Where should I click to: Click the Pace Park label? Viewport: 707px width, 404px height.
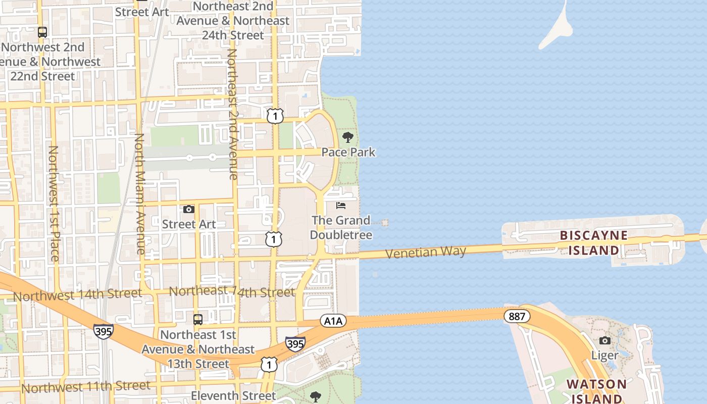click(348, 152)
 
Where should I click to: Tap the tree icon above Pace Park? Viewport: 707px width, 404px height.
click(347, 137)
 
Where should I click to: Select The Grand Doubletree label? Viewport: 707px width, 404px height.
click(341, 228)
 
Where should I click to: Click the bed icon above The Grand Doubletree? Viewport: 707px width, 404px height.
click(341, 206)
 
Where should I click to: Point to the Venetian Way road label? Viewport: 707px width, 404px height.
click(426, 251)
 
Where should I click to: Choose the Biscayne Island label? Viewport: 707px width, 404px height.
click(593, 243)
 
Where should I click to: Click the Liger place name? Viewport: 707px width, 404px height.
click(604, 356)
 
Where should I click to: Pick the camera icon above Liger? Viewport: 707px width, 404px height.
click(604, 341)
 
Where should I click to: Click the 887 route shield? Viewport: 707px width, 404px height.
click(517, 317)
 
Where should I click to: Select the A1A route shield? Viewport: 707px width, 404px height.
click(333, 321)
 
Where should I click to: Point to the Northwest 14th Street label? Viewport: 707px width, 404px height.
click(77, 294)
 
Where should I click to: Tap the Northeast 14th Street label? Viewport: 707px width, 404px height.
click(232, 292)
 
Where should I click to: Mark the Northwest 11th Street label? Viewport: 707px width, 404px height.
click(86, 387)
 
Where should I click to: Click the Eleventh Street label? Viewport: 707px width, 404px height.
click(233, 395)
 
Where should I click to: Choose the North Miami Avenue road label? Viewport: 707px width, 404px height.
click(140, 193)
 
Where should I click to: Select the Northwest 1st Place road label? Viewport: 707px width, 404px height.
click(54, 203)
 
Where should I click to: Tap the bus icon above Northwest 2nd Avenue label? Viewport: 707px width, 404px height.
click(42, 32)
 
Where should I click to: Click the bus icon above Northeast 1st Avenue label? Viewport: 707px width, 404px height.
click(198, 320)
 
